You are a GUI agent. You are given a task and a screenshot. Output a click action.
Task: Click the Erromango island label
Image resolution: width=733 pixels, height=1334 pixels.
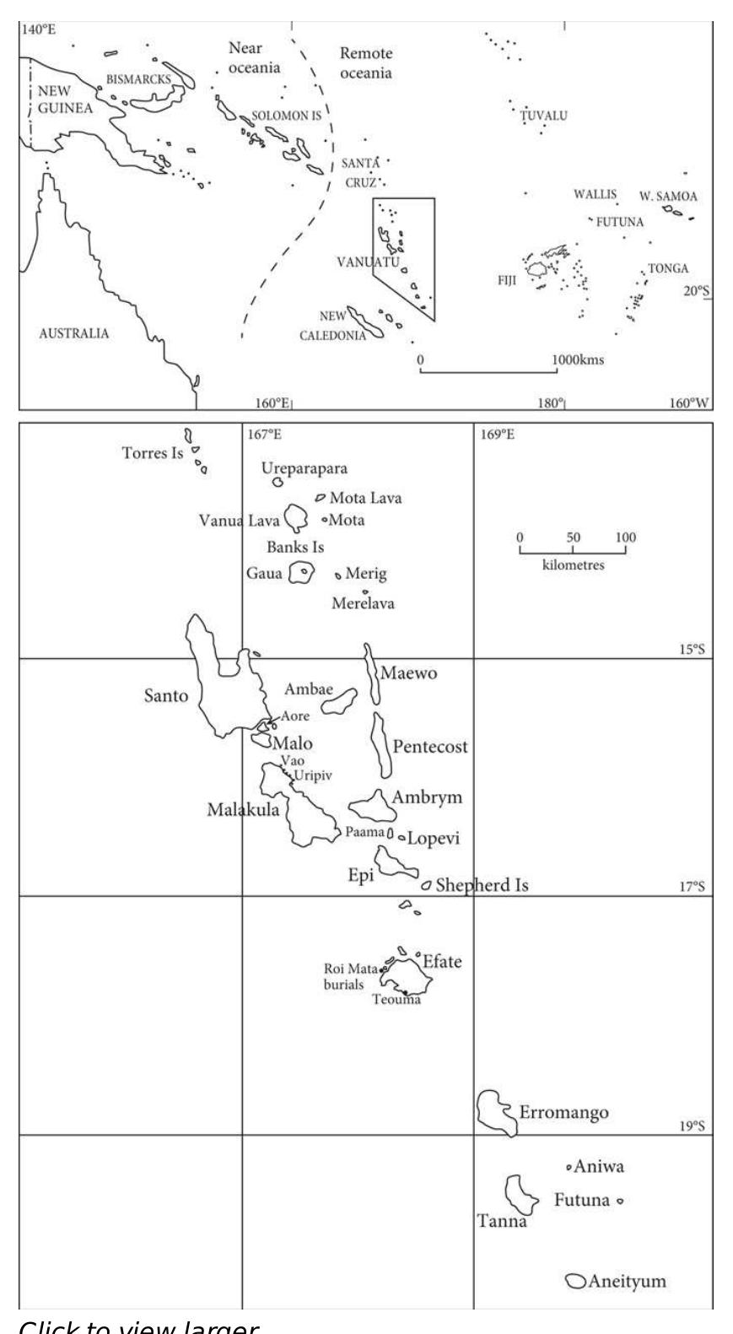click(563, 1113)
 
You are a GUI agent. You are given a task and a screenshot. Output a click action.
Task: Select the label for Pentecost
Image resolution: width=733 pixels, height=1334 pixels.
click(429, 747)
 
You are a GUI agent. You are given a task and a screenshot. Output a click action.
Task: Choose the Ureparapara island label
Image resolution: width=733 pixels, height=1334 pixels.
click(304, 467)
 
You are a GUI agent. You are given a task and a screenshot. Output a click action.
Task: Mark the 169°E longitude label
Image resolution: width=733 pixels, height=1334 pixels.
click(498, 435)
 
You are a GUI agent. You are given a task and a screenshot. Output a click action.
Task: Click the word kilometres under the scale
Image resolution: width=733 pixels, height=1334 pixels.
click(573, 565)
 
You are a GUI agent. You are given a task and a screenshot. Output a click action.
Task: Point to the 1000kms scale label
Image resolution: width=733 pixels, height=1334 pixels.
click(578, 359)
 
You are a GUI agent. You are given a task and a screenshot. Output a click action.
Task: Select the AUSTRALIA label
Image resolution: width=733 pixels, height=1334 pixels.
click(74, 333)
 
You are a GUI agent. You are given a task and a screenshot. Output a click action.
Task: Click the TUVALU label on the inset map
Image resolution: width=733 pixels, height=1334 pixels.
click(543, 116)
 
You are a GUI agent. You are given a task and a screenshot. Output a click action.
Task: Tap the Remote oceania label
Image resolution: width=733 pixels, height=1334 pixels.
click(366, 63)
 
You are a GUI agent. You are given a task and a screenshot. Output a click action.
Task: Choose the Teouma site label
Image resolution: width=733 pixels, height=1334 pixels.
click(396, 1001)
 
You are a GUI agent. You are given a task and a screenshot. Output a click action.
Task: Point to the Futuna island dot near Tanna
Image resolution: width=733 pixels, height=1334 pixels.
click(620, 1201)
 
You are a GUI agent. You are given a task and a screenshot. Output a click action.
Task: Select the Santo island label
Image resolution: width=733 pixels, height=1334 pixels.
click(166, 696)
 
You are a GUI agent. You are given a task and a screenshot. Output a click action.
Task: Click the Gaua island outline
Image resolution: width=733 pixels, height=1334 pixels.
click(301, 574)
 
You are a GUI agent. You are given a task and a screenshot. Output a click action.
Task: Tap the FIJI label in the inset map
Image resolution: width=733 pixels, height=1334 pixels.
click(509, 280)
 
